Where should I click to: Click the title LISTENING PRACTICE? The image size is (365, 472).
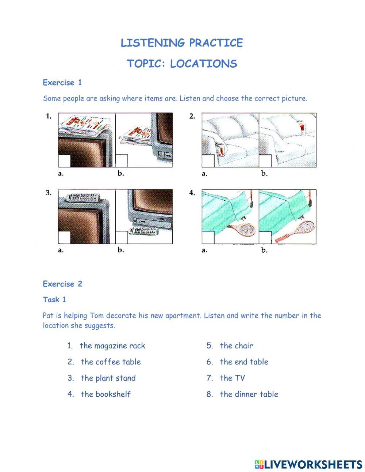[181, 43]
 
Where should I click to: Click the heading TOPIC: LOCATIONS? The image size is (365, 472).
[182, 64]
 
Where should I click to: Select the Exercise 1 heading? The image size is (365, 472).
[62, 83]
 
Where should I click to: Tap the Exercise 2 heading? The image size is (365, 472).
[62, 284]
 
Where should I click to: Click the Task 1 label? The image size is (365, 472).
[54, 300]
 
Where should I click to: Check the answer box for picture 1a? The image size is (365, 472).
[64, 161]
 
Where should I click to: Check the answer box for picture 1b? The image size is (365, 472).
[122, 161]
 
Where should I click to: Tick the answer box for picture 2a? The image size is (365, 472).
[208, 161]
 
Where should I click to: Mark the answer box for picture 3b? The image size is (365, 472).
[122, 237]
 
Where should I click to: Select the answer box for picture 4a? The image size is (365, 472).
[208, 237]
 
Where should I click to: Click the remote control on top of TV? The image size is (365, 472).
[82, 197]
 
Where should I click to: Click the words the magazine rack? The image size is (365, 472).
[112, 346]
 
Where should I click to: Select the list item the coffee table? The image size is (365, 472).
[111, 362]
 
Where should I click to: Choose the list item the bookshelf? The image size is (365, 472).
[105, 394]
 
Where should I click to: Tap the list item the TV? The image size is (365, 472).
[232, 378]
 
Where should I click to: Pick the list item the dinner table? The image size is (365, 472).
[249, 394]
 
